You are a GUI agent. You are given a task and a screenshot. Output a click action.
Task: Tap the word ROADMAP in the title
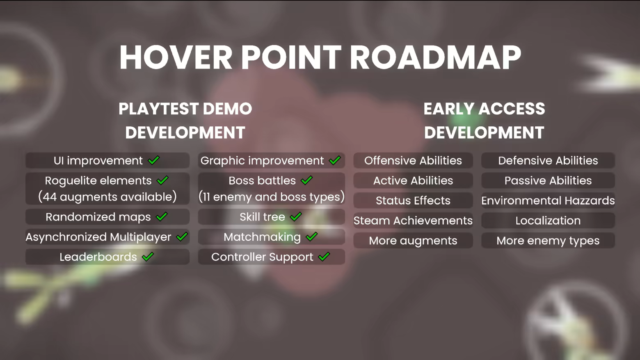[x=436, y=57]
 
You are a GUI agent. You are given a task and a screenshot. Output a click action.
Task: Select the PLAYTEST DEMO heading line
[x=185, y=109]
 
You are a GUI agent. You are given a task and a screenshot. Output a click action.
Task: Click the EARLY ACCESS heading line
[x=484, y=109]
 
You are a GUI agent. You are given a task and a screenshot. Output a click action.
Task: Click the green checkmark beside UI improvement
[x=154, y=160]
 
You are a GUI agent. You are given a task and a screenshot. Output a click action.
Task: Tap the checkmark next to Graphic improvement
[x=335, y=160]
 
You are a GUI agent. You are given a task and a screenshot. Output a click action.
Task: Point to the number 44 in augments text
[x=50, y=197]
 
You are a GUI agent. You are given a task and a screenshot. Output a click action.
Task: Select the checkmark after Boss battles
[x=306, y=180]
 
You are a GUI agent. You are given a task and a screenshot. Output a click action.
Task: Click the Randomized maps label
[x=98, y=217]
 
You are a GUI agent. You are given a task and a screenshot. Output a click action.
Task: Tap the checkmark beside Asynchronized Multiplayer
[x=182, y=237]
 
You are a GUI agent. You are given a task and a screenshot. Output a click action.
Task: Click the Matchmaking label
[x=262, y=237]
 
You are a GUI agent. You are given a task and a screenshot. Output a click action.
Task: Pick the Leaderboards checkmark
[x=148, y=257]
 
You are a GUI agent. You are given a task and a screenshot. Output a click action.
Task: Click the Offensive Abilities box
[x=413, y=160]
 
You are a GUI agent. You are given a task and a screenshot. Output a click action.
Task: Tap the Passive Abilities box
[x=548, y=180]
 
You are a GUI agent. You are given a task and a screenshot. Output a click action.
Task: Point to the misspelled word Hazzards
[x=590, y=201]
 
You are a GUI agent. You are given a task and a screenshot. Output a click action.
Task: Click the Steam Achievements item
[x=413, y=221]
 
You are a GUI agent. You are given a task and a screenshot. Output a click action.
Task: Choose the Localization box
[x=548, y=221]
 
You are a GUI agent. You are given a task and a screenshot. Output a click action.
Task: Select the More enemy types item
[x=548, y=240]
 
